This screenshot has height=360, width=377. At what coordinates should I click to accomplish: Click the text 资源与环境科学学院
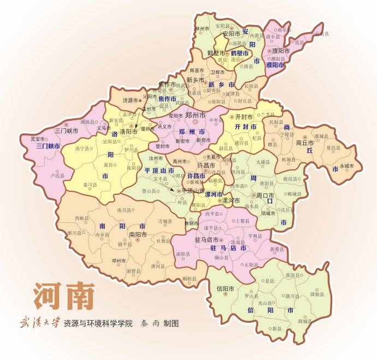(x=98, y=323)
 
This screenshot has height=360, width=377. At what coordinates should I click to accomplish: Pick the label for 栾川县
(x=89, y=185)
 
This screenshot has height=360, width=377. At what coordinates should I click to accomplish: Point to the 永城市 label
(x=347, y=166)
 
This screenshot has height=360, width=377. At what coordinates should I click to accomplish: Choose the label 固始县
(x=317, y=294)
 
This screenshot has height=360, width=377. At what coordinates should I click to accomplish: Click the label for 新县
(x=277, y=328)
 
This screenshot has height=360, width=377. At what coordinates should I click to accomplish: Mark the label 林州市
(x=202, y=28)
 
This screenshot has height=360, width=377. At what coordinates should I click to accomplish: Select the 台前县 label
(x=323, y=34)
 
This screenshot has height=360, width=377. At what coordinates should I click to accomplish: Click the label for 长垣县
(x=251, y=86)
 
